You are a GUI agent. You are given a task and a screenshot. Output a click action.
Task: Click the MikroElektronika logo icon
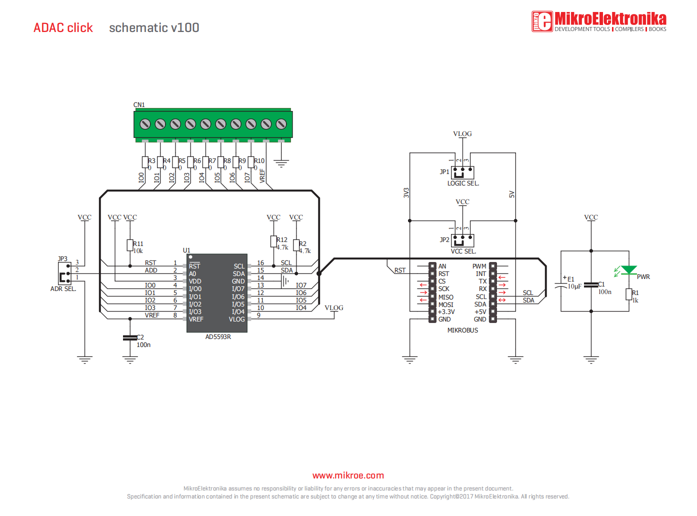click(542, 21)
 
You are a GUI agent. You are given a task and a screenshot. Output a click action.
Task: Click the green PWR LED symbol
click(628, 270)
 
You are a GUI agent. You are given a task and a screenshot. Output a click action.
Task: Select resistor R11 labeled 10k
click(130, 245)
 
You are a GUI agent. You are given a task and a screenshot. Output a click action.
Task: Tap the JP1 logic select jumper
click(462, 172)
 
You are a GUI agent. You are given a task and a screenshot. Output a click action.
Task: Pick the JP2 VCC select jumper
click(462, 240)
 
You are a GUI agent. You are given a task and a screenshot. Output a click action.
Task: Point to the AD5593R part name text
click(218, 337)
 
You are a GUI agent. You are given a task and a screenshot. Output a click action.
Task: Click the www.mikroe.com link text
click(348, 475)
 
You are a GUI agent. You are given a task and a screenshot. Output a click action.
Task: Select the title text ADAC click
click(63, 28)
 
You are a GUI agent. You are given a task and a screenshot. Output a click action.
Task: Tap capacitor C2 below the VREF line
click(130, 338)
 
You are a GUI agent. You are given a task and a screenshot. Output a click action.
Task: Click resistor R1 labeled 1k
click(629, 294)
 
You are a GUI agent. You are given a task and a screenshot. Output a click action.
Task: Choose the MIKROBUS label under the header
click(462, 330)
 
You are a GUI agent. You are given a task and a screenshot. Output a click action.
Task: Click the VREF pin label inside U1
click(196, 319)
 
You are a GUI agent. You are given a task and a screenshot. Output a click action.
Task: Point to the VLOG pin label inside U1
click(236, 319)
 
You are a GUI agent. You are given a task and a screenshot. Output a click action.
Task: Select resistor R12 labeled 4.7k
click(273, 241)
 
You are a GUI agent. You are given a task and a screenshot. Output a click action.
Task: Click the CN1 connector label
click(139, 105)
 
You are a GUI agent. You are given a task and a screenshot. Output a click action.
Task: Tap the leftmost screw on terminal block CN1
click(145, 124)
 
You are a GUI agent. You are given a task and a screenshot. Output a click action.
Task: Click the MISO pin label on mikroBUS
click(445, 297)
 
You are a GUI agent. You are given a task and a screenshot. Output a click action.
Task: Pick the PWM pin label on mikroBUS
click(479, 266)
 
